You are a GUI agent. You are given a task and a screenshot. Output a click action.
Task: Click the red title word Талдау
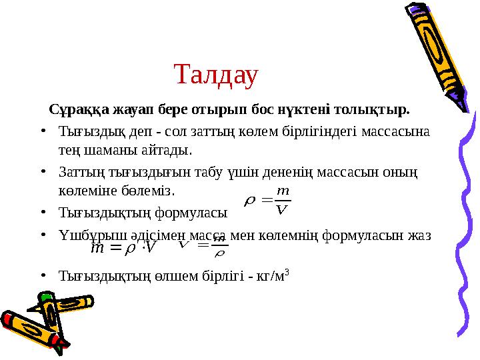[x=215, y=75]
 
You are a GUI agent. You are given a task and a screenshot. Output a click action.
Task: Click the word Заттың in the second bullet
[x=79, y=172]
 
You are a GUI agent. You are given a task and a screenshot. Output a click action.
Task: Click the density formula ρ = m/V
[x=268, y=201]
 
